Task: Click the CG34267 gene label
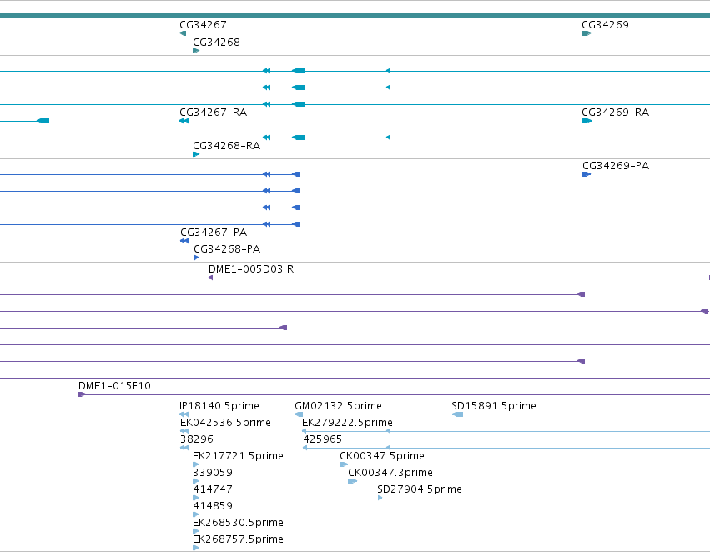(203, 25)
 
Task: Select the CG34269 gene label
(605, 25)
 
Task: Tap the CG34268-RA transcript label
(226, 146)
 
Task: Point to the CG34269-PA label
(616, 166)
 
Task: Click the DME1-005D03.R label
(251, 269)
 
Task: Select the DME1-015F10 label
(114, 386)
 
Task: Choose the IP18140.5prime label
(219, 406)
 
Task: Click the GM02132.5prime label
(338, 406)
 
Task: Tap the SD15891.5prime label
(494, 406)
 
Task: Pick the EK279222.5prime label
(347, 423)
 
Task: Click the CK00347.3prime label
(390, 473)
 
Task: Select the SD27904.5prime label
(420, 489)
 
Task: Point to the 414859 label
(213, 506)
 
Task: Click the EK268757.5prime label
(238, 539)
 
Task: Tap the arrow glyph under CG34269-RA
(587, 121)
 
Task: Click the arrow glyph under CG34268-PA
(196, 258)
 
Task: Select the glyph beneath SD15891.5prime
(457, 414)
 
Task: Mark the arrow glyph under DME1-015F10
(83, 394)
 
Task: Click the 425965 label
(322, 439)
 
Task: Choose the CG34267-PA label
(214, 233)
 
